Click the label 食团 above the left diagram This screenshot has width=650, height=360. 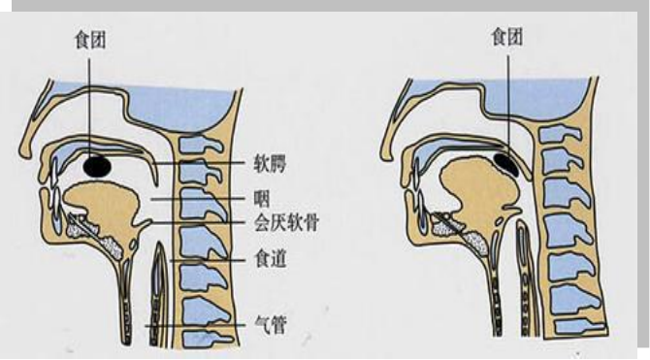tap(88, 40)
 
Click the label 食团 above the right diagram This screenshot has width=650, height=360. tap(506, 37)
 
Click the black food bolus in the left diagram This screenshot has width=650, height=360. tap(96, 167)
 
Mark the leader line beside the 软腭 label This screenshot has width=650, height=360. tap(194, 165)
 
